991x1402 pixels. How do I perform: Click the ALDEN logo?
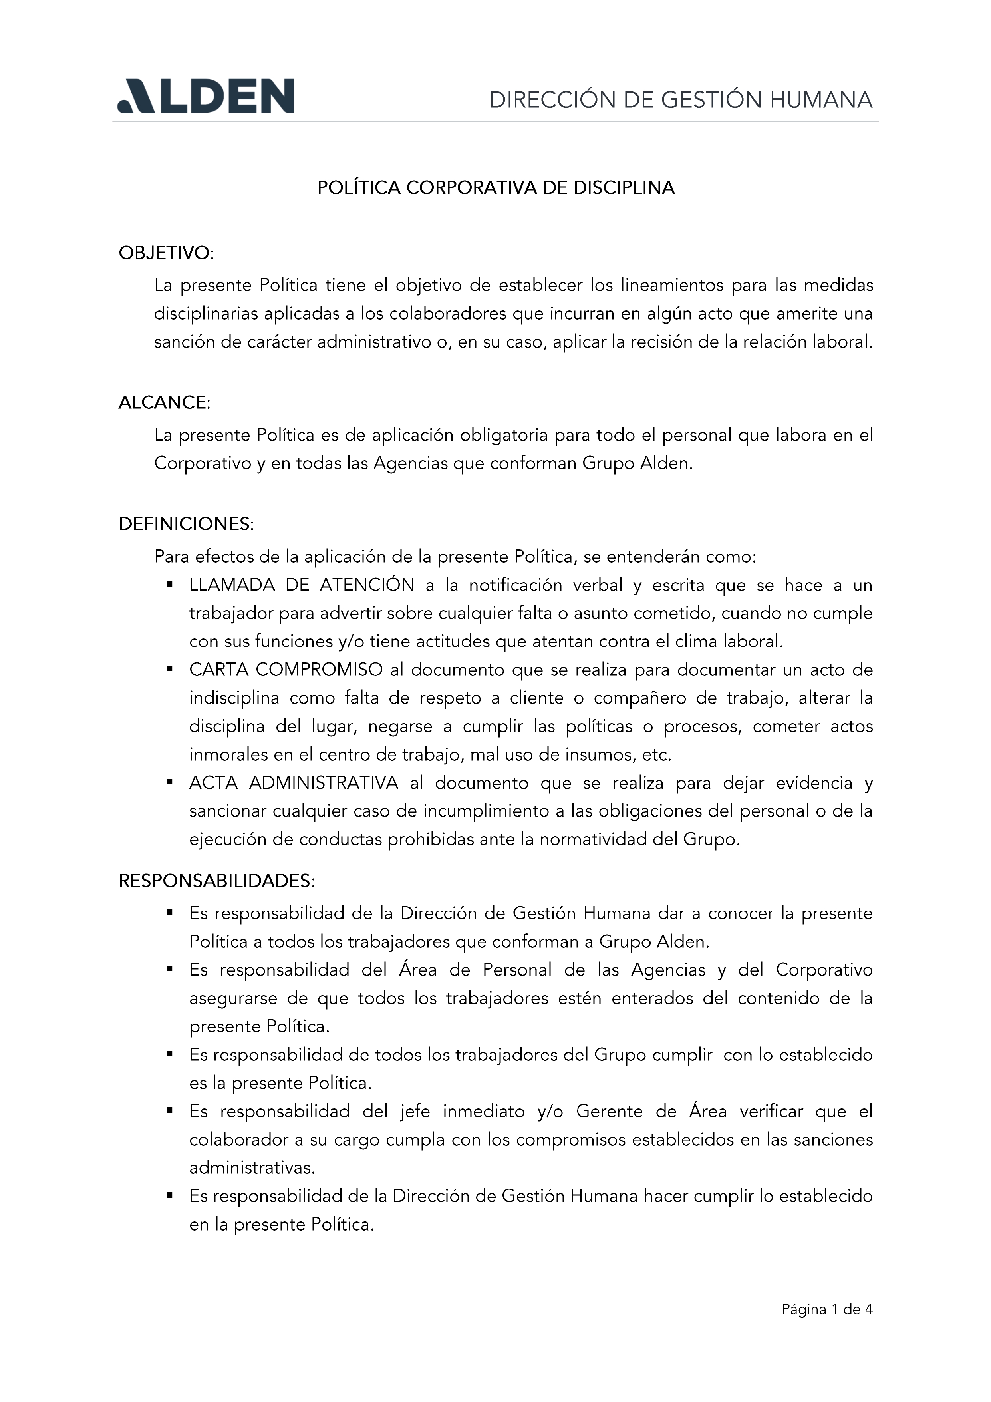click(x=206, y=96)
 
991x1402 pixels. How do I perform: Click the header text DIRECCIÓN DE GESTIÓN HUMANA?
click(x=680, y=99)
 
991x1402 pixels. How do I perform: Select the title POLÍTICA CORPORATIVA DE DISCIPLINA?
click(x=495, y=187)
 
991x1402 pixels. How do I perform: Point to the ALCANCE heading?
click(x=164, y=402)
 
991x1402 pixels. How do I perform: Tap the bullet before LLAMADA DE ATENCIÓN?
click(x=170, y=585)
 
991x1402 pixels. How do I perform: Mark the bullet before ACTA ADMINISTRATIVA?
click(x=170, y=782)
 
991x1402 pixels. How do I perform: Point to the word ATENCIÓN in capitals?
click(x=367, y=585)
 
